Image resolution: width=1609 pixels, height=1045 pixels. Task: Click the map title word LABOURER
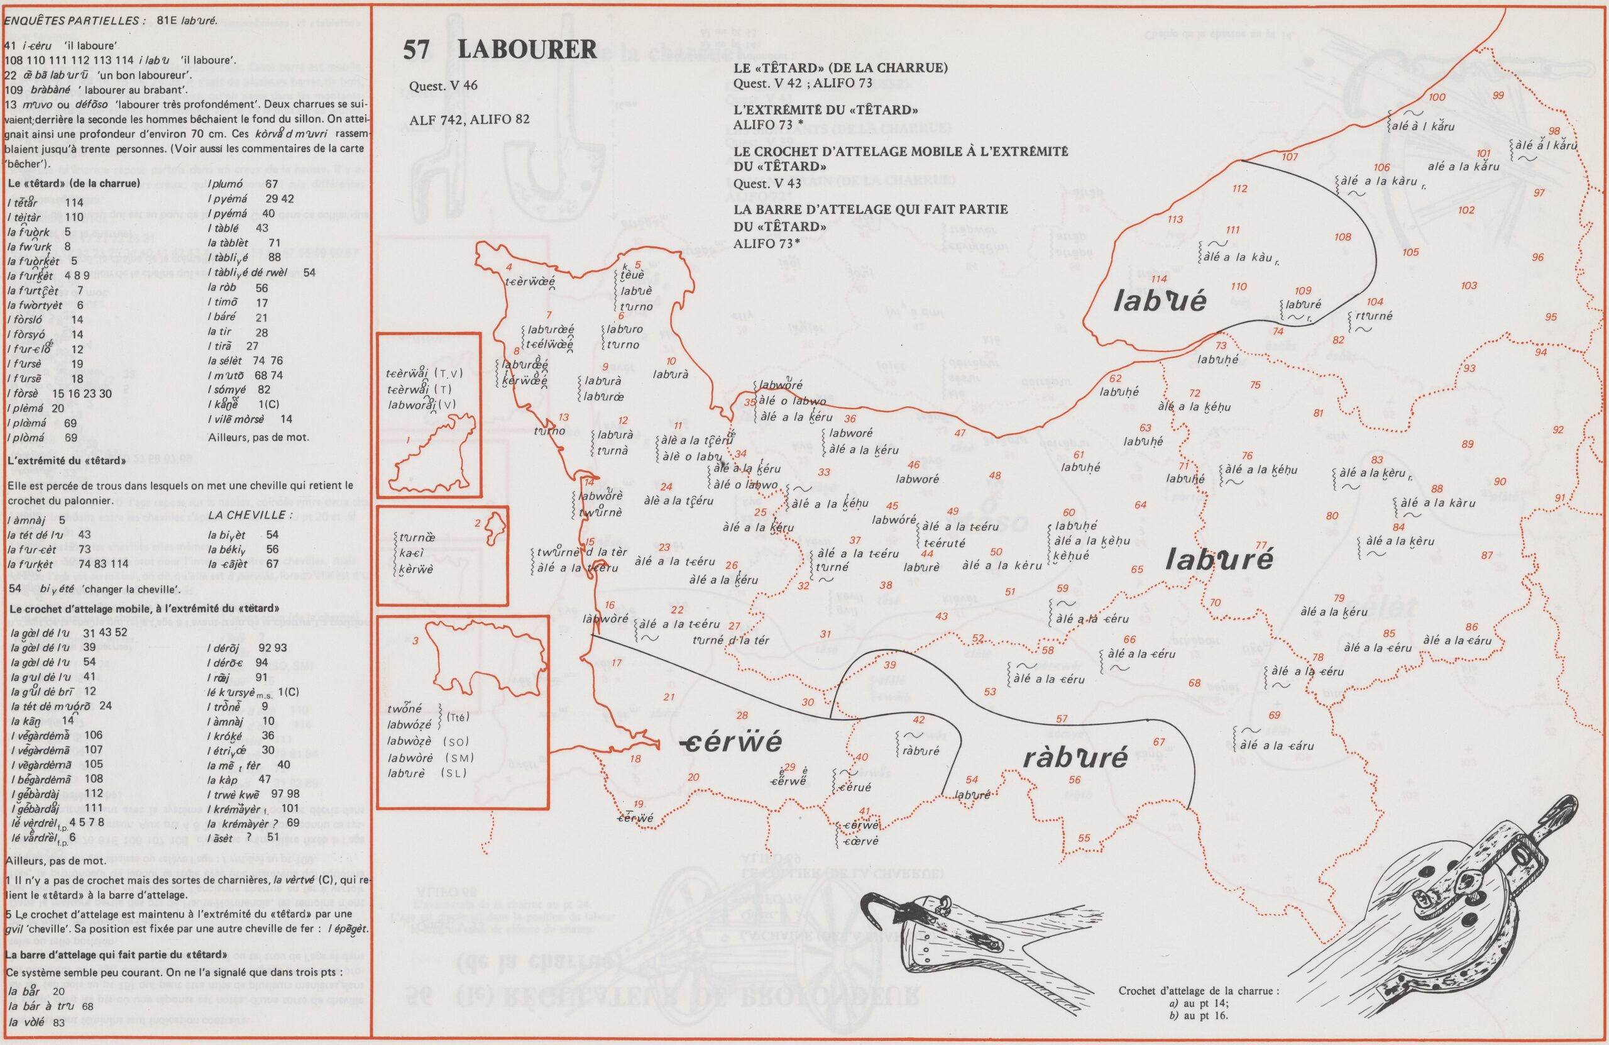(x=527, y=50)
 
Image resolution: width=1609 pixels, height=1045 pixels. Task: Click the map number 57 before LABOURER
(x=419, y=50)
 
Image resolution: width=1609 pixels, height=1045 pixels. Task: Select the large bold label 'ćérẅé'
(x=732, y=742)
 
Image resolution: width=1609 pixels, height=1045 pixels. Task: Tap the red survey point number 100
(x=1437, y=97)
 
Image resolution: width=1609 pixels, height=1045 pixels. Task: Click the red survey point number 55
(x=1084, y=838)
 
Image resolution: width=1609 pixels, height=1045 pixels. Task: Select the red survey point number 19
(x=638, y=804)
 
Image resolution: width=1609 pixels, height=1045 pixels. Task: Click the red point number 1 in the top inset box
(x=409, y=440)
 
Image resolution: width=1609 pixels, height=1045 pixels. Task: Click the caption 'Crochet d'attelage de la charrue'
(x=1199, y=990)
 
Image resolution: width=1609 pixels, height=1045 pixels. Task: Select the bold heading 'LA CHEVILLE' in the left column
(x=251, y=516)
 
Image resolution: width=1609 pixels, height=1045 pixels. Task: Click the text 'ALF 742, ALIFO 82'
(x=469, y=119)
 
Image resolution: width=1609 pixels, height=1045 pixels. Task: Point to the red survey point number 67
(x=1159, y=742)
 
